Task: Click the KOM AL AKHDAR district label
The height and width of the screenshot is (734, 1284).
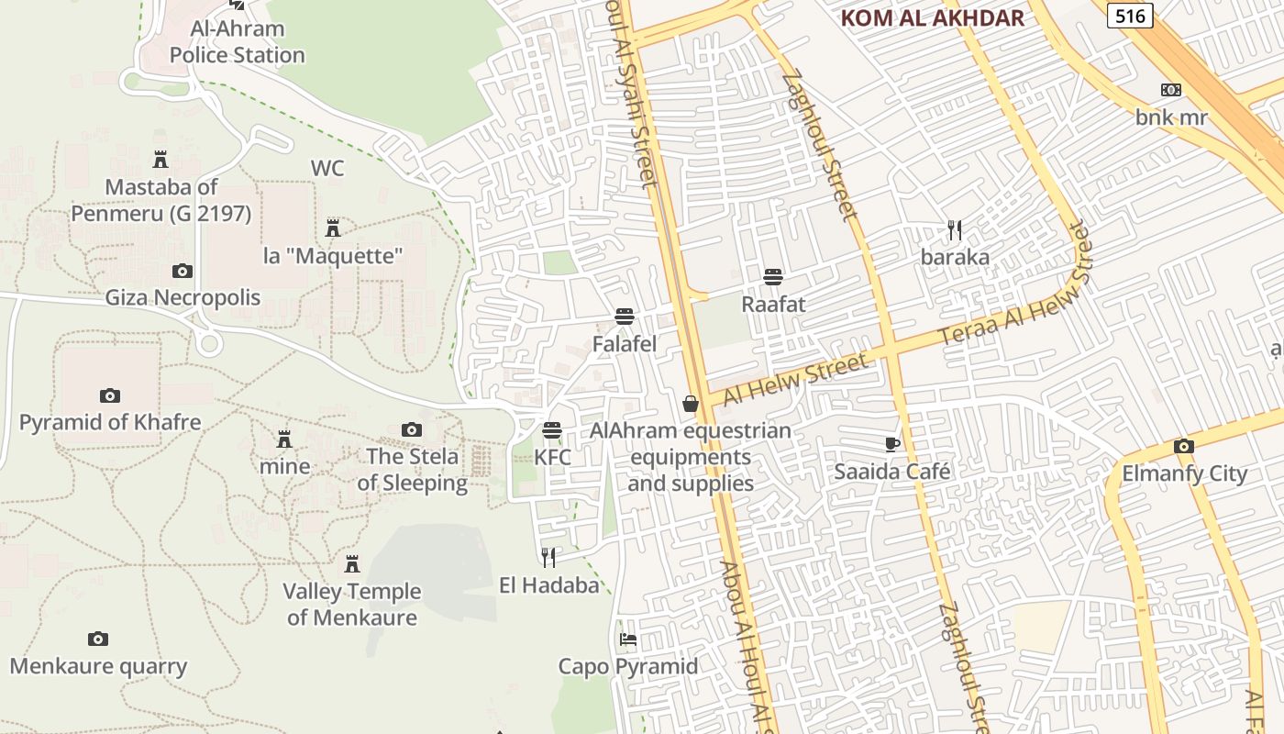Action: pos(932,18)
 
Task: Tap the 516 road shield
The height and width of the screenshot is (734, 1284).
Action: pos(1129,16)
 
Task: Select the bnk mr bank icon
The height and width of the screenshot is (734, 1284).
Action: pos(1171,90)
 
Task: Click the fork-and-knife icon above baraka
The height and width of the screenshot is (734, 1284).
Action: pos(955,229)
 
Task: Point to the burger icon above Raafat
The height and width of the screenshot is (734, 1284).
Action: pos(773,277)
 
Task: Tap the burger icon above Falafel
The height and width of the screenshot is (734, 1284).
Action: pos(625,317)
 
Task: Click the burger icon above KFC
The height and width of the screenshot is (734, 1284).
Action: pos(552,430)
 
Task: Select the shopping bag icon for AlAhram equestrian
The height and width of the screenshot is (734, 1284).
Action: pos(691,404)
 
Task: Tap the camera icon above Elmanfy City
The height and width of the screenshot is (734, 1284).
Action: pos(1184,447)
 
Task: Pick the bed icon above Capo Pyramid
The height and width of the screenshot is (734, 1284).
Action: pos(628,639)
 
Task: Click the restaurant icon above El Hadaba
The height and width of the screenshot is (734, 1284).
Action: pos(548,558)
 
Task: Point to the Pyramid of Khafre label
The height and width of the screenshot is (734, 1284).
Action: pos(110,423)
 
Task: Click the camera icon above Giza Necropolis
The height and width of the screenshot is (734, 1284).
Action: pos(183,271)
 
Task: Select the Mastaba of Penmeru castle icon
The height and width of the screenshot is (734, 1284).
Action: pos(160,160)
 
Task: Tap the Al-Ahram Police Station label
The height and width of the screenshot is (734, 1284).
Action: pos(238,42)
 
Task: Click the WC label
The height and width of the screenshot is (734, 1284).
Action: pos(327,168)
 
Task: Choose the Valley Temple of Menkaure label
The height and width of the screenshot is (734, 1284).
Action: pos(352,604)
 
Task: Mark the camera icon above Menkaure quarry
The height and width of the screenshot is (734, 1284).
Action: pos(98,639)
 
